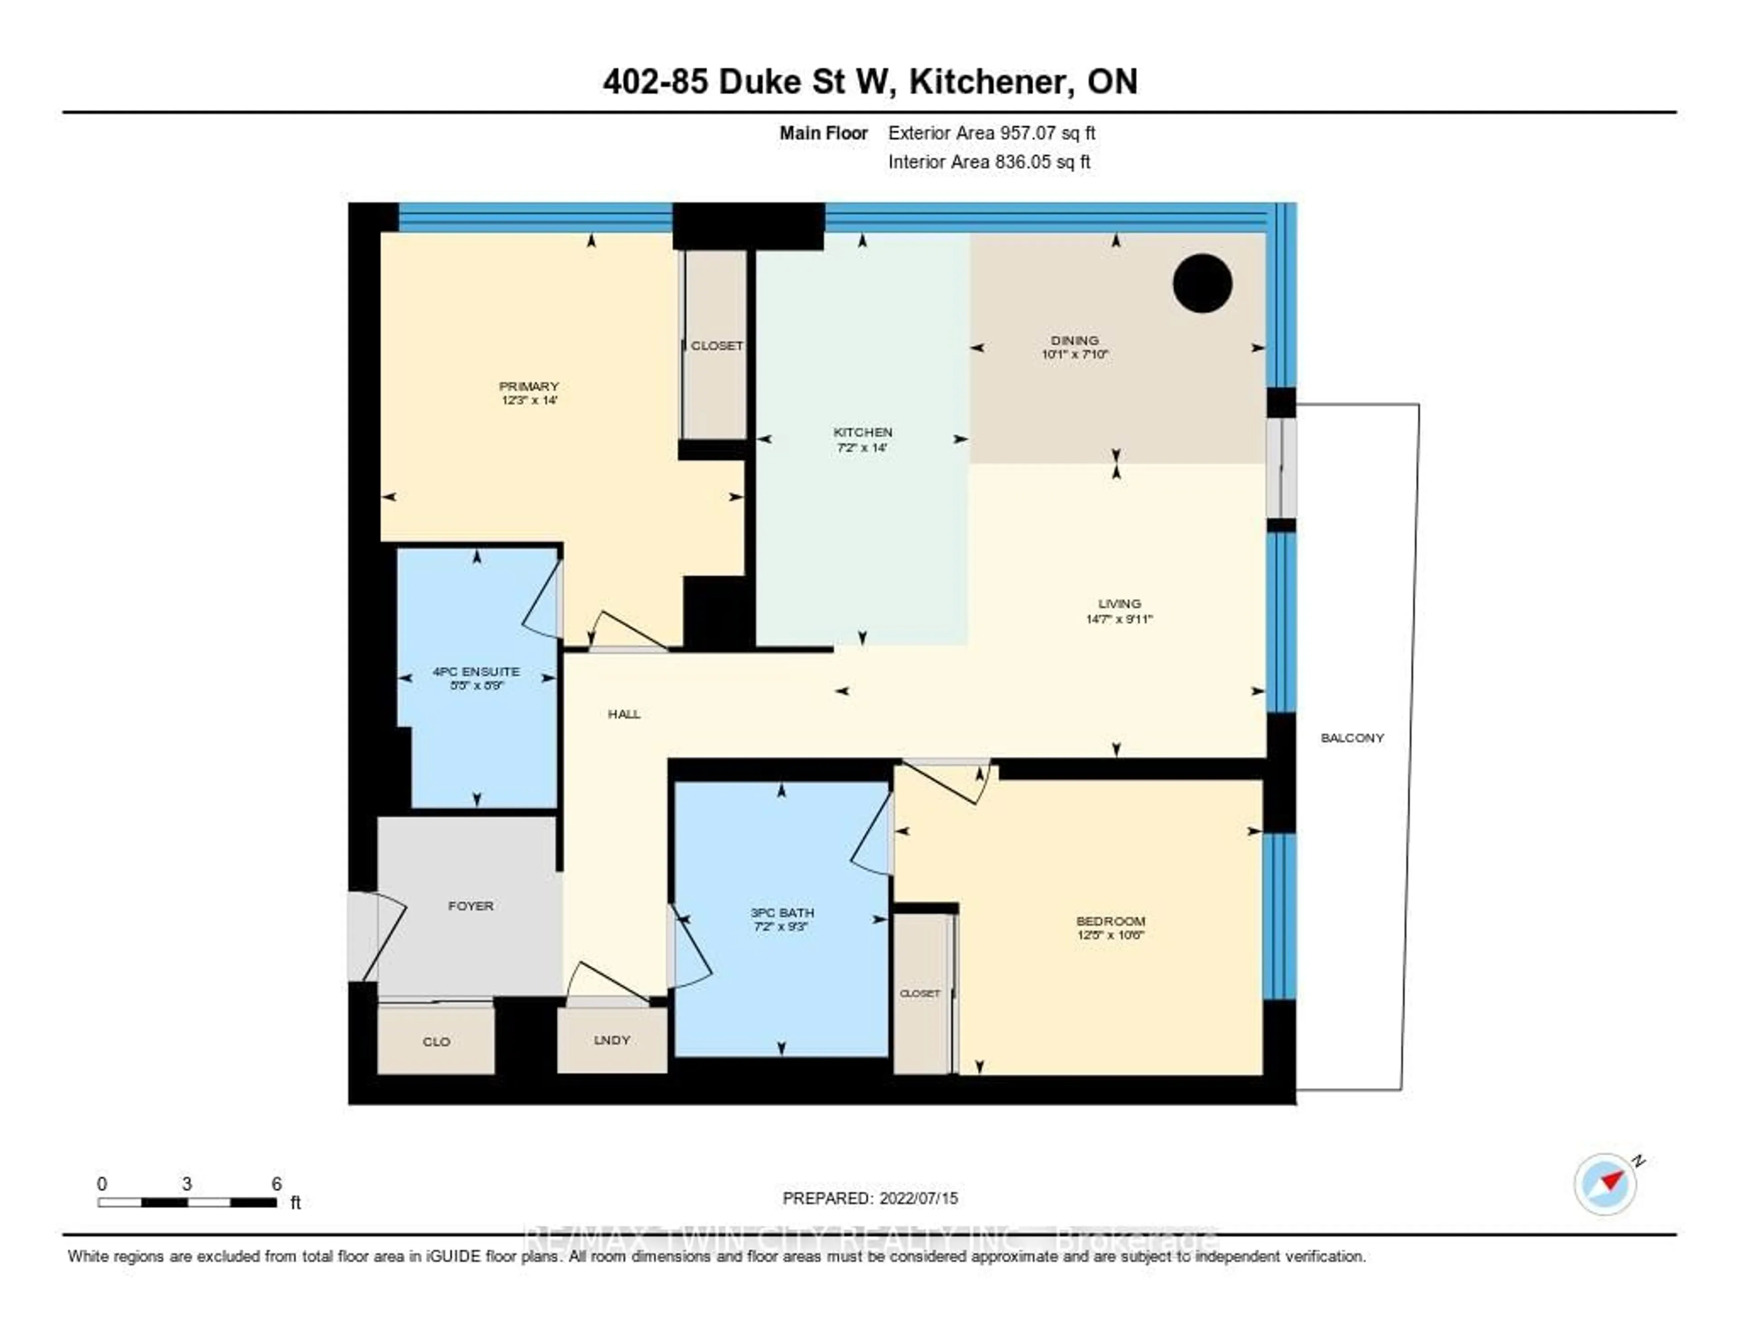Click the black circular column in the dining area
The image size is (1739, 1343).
click(x=1202, y=283)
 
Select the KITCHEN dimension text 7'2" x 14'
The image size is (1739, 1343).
click(x=862, y=447)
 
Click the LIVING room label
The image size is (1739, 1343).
click(x=1119, y=604)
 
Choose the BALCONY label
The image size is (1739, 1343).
click(x=1352, y=738)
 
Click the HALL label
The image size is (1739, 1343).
click(x=624, y=714)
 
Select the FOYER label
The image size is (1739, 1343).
click(x=471, y=906)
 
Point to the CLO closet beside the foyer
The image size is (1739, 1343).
click(x=437, y=1041)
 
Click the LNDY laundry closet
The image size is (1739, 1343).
click(x=611, y=1040)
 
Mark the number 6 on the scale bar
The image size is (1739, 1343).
click(x=276, y=1184)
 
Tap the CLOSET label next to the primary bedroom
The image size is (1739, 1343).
click(x=716, y=345)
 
